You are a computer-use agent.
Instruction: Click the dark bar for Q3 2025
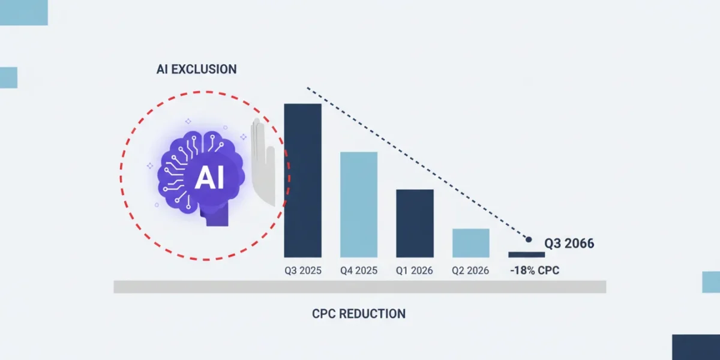(x=302, y=181)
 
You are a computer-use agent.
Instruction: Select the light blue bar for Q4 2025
(x=359, y=205)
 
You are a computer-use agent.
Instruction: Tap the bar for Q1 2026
(x=415, y=223)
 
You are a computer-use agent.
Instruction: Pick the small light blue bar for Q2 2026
(x=471, y=243)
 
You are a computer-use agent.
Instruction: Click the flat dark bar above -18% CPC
(x=527, y=254)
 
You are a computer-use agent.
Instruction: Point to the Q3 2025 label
(x=303, y=271)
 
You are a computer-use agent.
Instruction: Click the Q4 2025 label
(x=359, y=271)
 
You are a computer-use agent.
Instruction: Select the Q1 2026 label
(x=415, y=271)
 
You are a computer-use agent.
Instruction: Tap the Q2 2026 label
(x=470, y=271)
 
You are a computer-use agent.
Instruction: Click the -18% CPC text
(x=535, y=271)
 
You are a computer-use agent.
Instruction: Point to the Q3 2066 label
(x=569, y=244)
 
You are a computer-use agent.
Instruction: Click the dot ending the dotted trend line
(x=529, y=239)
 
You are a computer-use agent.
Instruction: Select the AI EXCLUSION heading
(x=196, y=70)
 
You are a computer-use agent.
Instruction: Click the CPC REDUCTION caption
(x=359, y=314)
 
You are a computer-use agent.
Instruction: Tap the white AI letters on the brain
(x=209, y=178)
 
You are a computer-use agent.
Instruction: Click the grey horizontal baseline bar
(x=359, y=287)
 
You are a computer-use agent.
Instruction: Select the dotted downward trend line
(x=418, y=163)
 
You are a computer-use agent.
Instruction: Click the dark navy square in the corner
(x=696, y=347)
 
